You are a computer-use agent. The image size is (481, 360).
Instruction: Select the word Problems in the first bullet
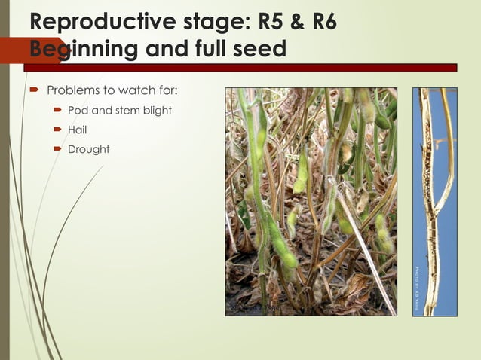[72, 91]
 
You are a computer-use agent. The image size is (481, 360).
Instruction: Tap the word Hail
[78, 130]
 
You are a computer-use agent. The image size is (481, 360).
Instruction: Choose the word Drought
[88, 150]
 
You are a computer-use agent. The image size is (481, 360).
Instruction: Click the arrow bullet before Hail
[57, 130]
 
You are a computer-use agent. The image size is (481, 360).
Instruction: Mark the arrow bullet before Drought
[57, 150]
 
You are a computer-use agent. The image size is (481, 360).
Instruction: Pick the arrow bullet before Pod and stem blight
[57, 111]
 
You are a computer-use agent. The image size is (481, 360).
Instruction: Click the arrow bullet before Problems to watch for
[35, 91]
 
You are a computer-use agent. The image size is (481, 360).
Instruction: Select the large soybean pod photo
[311, 201]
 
